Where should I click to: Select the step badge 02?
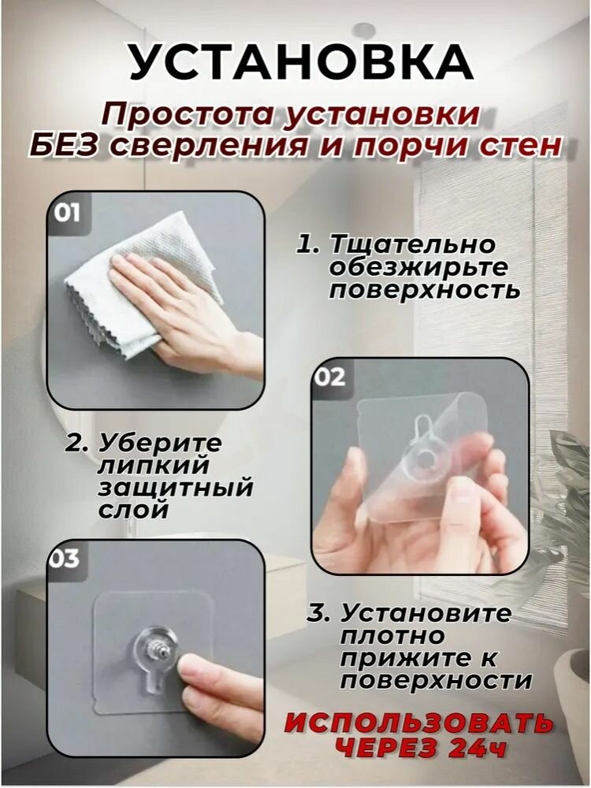point(330,377)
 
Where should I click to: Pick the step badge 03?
point(65,559)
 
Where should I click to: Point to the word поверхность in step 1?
point(424,290)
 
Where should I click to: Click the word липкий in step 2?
point(139,465)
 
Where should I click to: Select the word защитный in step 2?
point(176,487)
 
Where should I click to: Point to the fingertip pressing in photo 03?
point(189,670)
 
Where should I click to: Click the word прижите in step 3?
point(398,657)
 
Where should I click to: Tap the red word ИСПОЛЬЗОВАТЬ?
point(418,723)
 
